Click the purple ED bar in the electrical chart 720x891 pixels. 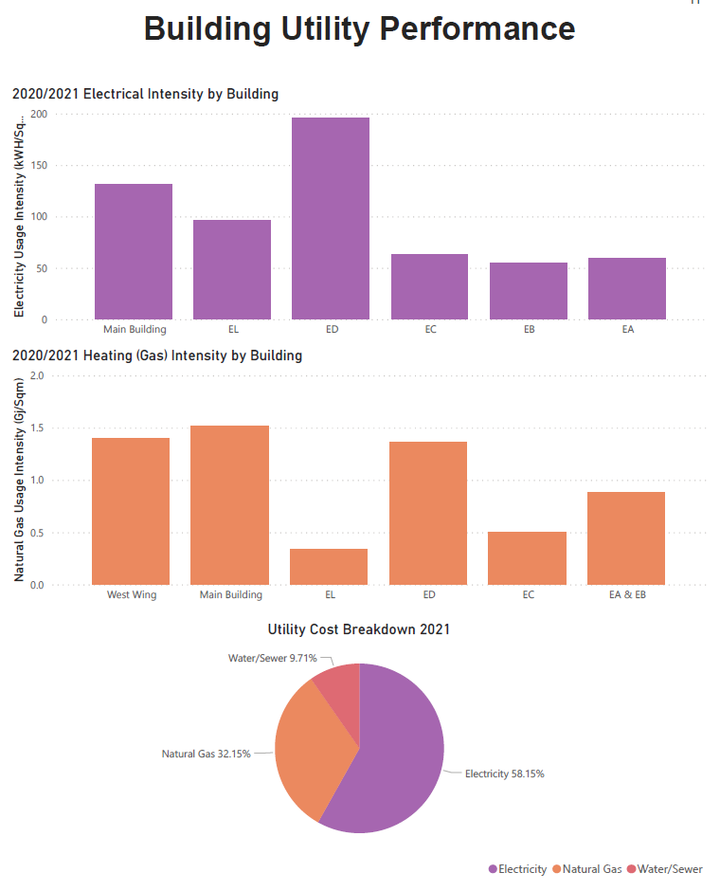pyautogui.click(x=331, y=218)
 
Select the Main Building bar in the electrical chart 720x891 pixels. pyautogui.click(x=134, y=251)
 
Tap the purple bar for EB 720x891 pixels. pyautogui.click(x=528, y=290)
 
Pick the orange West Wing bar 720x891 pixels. pyautogui.click(x=131, y=511)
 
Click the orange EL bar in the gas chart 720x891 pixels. pyautogui.click(x=329, y=566)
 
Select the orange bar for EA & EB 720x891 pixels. pyautogui.click(x=626, y=537)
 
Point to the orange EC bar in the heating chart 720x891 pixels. pyautogui.click(x=527, y=557)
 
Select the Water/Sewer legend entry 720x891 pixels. pyautogui.click(x=670, y=869)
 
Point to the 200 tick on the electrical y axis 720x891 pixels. pyautogui.click(x=38, y=114)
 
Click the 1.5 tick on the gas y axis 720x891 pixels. pyautogui.click(x=38, y=428)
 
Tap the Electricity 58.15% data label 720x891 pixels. pyautogui.click(x=504, y=773)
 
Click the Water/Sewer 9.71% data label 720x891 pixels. pyautogui.click(x=272, y=657)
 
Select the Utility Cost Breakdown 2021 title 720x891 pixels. pyautogui.click(x=359, y=629)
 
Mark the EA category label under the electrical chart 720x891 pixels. pyautogui.click(x=627, y=330)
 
